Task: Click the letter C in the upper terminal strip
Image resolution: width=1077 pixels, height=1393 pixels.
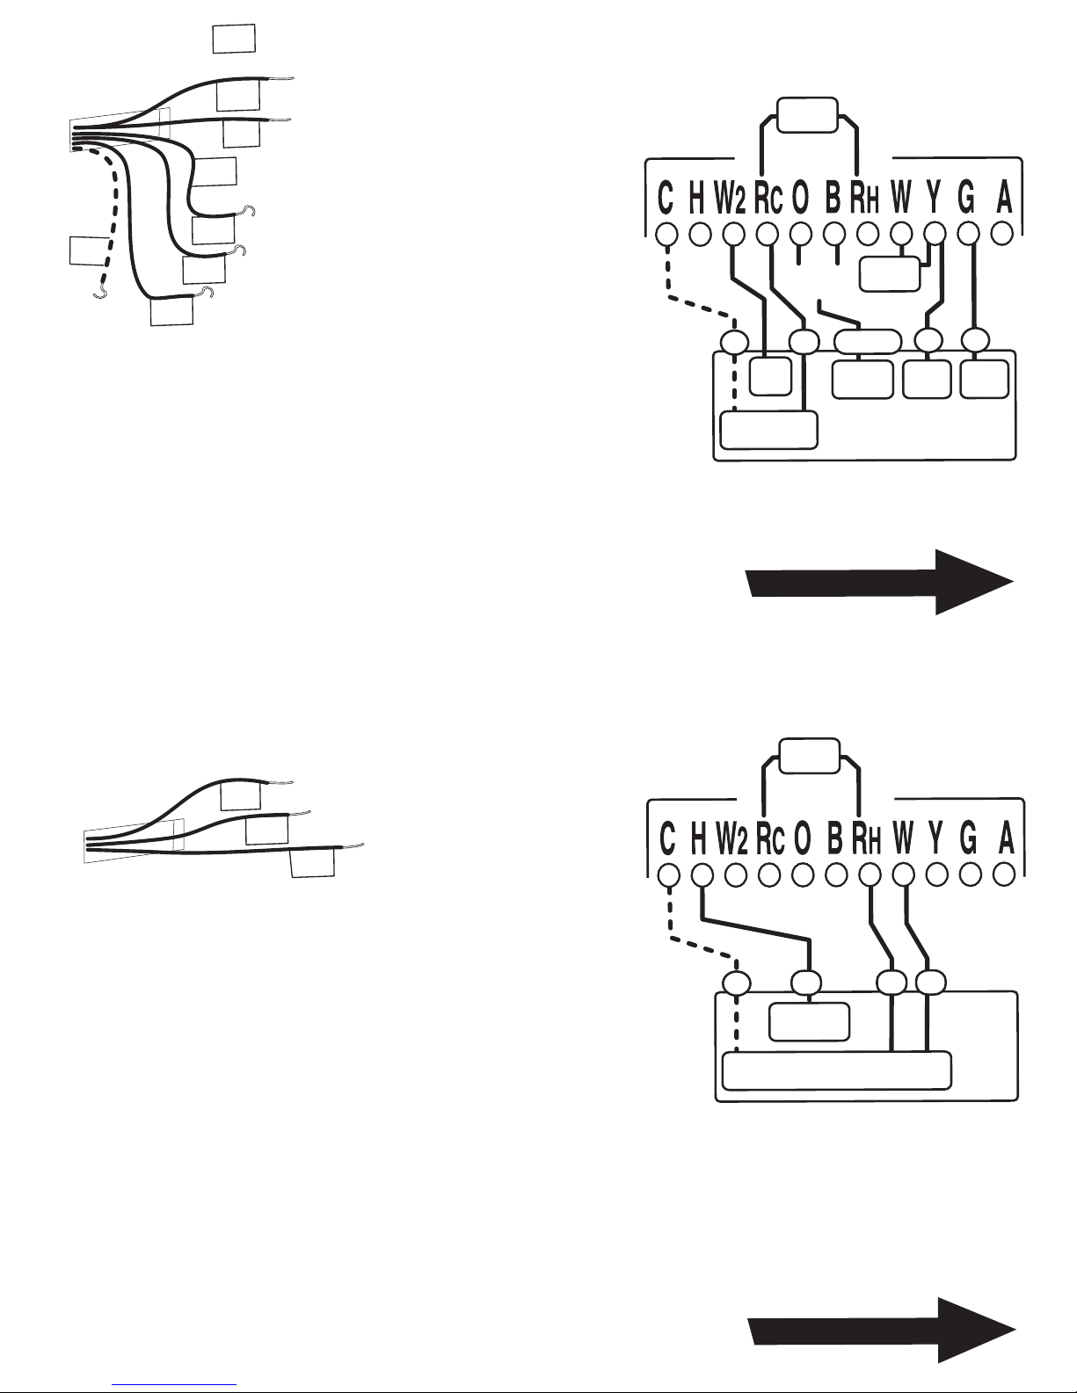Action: (666, 198)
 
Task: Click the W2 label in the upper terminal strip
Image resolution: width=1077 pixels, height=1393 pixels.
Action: (731, 198)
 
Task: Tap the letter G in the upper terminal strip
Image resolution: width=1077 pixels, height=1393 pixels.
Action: (966, 198)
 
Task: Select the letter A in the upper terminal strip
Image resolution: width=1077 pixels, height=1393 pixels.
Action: (1004, 198)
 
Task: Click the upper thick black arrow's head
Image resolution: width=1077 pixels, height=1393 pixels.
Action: (974, 582)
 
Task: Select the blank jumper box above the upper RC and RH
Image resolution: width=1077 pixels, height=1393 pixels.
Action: (808, 115)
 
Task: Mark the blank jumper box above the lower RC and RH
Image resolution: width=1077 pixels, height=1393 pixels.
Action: (810, 757)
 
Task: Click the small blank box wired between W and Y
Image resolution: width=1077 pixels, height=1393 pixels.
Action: (890, 274)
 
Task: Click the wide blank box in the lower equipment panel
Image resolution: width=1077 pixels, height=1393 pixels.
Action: (837, 1070)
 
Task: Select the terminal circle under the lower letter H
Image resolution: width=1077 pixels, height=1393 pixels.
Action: (702, 874)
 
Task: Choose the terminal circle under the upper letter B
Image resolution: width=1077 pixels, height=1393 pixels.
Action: (834, 235)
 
